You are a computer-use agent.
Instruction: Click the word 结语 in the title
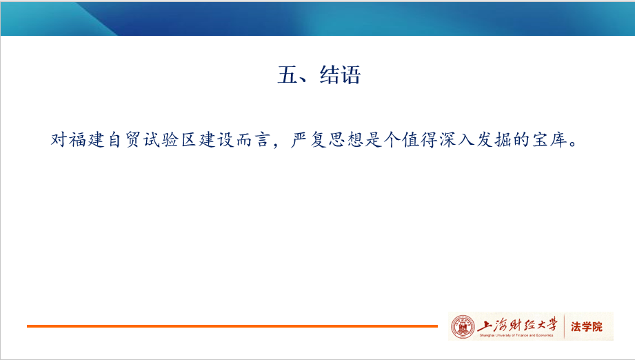[x=340, y=75]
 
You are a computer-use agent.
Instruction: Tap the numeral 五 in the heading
[x=288, y=75]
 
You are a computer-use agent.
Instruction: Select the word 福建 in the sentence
[x=87, y=140]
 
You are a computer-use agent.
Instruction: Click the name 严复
[x=309, y=140]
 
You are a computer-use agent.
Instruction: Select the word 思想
[x=346, y=140]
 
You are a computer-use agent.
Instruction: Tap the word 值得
[x=420, y=140]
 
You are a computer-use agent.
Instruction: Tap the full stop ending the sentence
[x=573, y=143]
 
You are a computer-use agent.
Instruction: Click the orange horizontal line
[x=232, y=326]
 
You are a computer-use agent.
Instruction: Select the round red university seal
[x=463, y=326]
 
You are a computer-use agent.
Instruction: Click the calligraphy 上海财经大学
[x=518, y=325]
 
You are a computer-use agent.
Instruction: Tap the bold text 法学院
[x=587, y=326]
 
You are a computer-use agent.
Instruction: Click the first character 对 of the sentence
[x=59, y=140]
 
